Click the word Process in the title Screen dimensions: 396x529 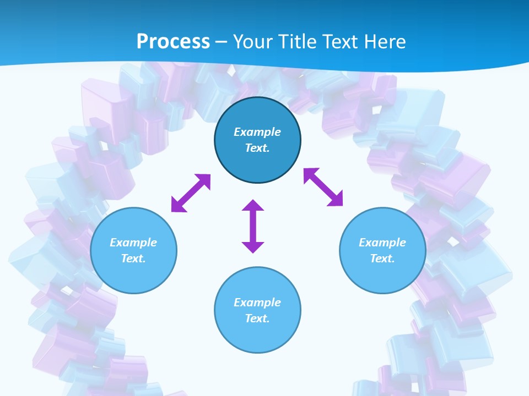pyautogui.click(x=173, y=42)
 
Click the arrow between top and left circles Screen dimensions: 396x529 pyautogui.click(x=191, y=193)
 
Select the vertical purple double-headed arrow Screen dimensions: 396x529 pyautogui.click(x=253, y=226)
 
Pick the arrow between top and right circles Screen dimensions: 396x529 pyautogui.click(x=323, y=187)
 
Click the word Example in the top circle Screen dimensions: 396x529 pyautogui.click(x=257, y=132)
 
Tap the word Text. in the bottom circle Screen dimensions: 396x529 pyautogui.click(x=257, y=318)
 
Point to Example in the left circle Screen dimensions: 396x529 pyautogui.click(x=133, y=243)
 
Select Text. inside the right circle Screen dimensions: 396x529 pyautogui.click(x=382, y=258)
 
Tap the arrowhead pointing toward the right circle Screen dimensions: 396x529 pyautogui.click(x=336, y=199)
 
